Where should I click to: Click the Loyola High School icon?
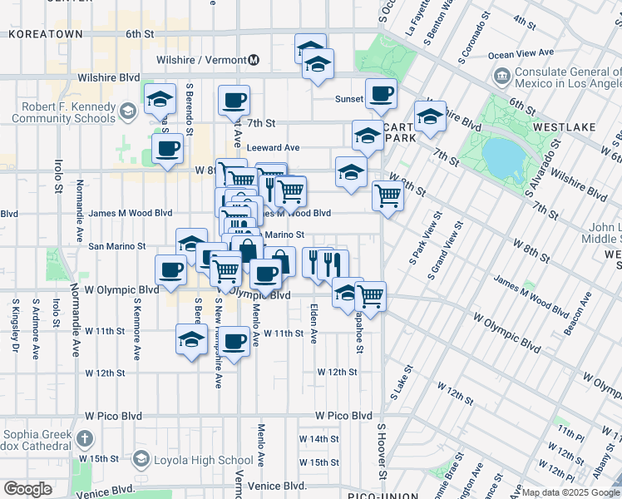coord(141,460)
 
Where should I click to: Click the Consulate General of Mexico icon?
coord(502,77)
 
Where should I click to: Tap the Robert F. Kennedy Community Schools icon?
coord(127,110)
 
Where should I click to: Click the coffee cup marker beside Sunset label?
coord(381,95)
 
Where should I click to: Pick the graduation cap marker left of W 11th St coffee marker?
coord(191,340)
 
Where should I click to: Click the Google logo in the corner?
coord(27,489)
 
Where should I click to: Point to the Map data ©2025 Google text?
coord(570,492)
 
